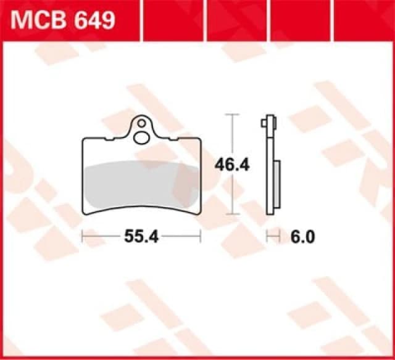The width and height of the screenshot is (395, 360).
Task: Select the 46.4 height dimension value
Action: pos(231,165)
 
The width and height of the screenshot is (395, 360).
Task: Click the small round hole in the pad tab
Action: pos(143,123)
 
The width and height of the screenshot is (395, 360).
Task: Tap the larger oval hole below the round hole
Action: pos(143,136)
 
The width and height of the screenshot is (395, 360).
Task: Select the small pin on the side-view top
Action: pos(265,123)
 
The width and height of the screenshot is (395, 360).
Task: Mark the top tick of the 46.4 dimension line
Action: pos(231,115)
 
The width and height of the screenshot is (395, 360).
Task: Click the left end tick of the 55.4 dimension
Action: pos(83,236)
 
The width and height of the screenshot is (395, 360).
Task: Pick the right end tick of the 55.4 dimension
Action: pos(201,236)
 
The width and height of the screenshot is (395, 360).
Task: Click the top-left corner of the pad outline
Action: pos(85,139)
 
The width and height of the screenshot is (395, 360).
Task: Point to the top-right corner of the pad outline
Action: pos(199,139)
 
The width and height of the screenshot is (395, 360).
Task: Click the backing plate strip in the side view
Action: pos(270,173)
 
